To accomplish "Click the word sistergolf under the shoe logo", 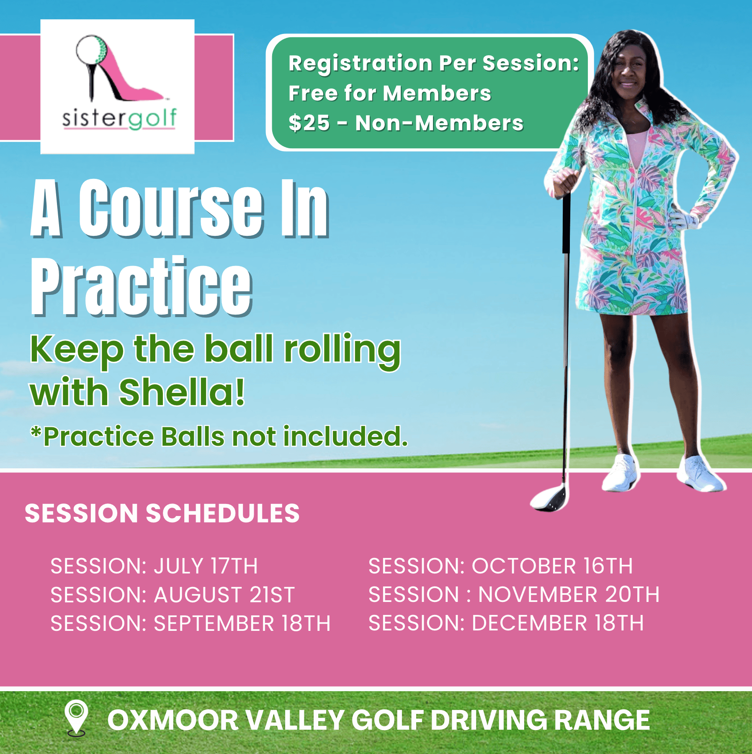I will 119,118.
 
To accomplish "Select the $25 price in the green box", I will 309,123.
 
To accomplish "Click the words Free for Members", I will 389,93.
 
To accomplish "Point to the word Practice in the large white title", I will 142,287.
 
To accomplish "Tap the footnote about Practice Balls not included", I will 219,436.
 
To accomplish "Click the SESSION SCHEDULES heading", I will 162,513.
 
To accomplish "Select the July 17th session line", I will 154,566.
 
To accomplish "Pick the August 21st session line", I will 173,595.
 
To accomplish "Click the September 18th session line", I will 191,623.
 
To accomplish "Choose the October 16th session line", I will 500,566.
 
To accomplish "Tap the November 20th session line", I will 514,594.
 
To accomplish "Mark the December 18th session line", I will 506,623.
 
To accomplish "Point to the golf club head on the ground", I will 549,499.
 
